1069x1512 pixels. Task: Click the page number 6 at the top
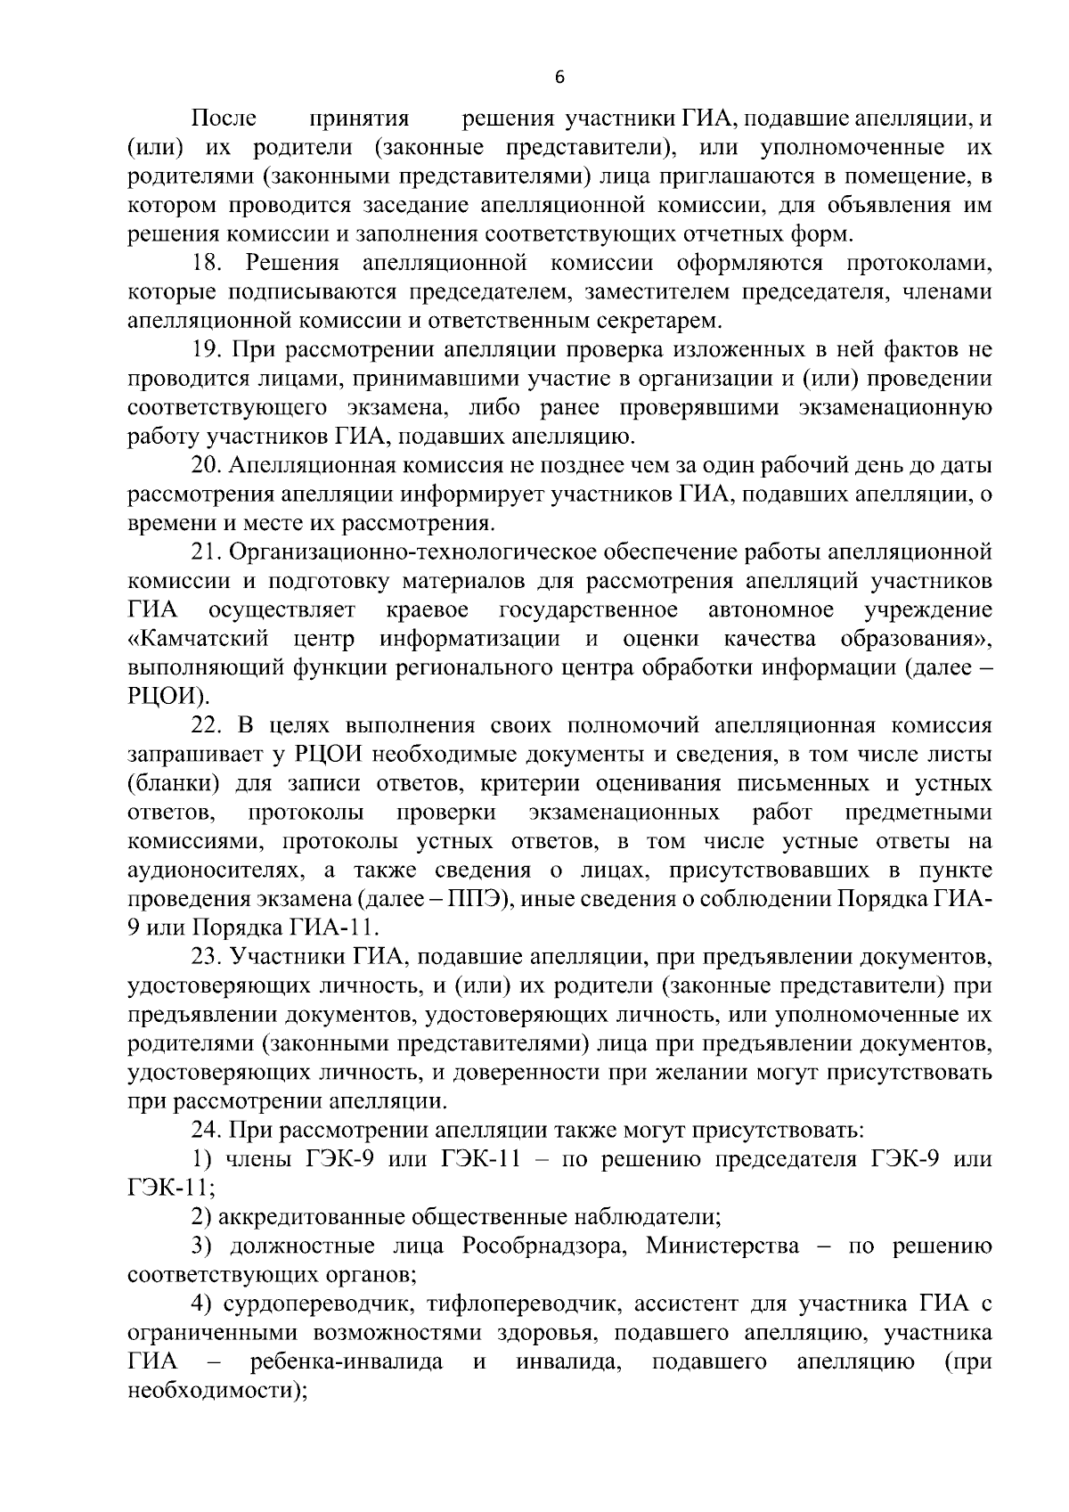click(559, 78)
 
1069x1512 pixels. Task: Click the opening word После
click(224, 119)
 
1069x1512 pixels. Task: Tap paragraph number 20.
click(207, 466)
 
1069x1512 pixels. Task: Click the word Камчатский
click(200, 640)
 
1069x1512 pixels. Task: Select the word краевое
click(428, 610)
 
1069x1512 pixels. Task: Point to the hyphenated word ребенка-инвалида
click(347, 1362)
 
